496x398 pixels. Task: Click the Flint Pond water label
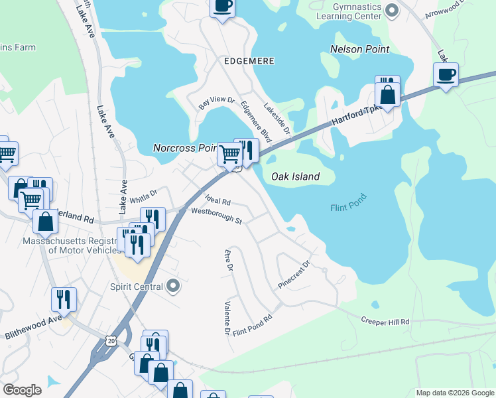point(348,208)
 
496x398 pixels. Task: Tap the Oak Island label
point(296,176)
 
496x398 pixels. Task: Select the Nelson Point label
point(359,49)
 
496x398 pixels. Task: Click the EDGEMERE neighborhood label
point(249,60)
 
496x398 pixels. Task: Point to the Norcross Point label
point(186,148)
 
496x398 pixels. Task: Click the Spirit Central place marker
point(173,287)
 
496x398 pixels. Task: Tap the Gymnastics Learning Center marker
point(391,9)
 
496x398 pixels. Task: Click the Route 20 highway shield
point(110,340)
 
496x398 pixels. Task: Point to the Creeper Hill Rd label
point(385,321)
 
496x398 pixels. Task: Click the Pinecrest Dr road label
point(294,273)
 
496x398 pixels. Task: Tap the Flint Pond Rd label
point(252,322)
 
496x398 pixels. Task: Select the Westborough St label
point(216,216)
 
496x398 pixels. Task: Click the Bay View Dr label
point(217,104)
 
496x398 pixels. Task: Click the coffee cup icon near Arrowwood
point(446,74)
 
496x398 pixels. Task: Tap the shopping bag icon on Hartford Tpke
point(388,96)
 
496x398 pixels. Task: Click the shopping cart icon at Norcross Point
point(229,154)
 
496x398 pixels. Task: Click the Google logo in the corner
point(22,390)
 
